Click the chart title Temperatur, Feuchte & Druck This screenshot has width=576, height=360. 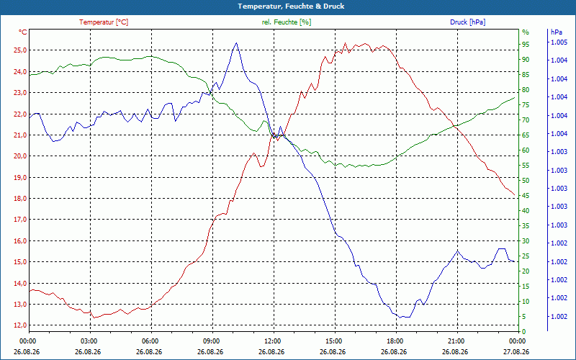[x=291, y=6]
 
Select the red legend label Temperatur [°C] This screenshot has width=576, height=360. [x=104, y=22]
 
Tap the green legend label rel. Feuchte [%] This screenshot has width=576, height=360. [x=286, y=22]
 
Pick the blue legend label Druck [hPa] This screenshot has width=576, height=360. [x=467, y=22]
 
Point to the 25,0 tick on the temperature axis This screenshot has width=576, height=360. [x=20, y=50]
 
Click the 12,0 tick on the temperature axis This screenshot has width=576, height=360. [x=20, y=325]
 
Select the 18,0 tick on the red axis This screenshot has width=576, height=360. [x=20, y=199]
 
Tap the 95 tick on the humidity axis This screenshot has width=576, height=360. [x=526, y=45]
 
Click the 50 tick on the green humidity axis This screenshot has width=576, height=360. [x=526, y=181]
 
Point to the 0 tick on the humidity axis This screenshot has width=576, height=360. [x=524, y=332]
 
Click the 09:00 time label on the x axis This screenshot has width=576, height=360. [x=212, y=341]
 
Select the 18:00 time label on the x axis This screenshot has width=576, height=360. [x=396, y=341]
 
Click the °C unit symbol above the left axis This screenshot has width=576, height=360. [x=22, y=32]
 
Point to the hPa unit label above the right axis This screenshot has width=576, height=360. [x=556, y=32]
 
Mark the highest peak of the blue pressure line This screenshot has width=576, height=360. [x=236, y=42]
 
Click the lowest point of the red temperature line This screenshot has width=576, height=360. [x=94, y=318]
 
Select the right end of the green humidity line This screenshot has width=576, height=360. [x=514, y=97]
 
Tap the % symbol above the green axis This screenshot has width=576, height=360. [x=526, y=32]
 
